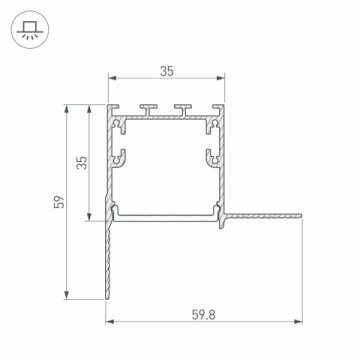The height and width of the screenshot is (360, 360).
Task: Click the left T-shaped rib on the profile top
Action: pos(149,107)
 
